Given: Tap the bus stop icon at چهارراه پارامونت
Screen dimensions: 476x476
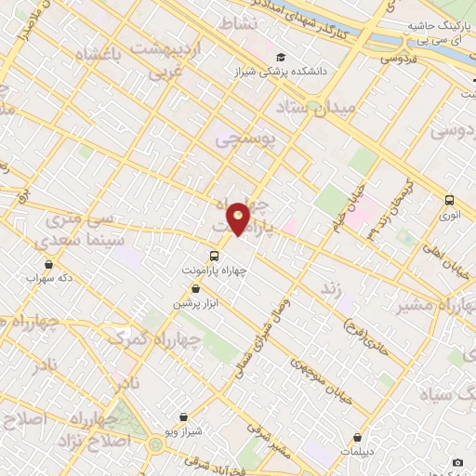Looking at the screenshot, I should [x=214, y=256].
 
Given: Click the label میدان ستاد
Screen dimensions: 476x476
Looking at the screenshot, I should [x=325, y=108].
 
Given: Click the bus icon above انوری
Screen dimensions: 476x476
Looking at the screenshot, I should [x=450, y=199].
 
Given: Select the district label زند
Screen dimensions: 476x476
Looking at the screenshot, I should [x=327, y=287].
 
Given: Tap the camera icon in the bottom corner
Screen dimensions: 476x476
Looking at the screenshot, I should [x=457, y=462].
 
